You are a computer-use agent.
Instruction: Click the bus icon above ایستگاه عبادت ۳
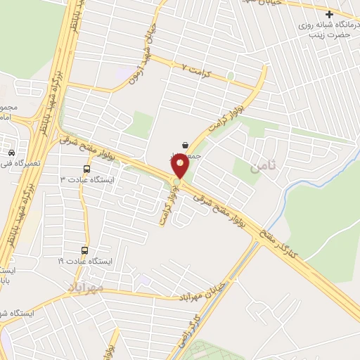pyautogui.click(x=86, y=169)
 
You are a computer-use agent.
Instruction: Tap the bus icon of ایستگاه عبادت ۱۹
pyautogui.click(x=85, y=250)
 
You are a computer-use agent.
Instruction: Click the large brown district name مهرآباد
pyautogui.click(x=86, y=288)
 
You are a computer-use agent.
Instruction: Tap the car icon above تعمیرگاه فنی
pyautogui.click(x=11, y=152)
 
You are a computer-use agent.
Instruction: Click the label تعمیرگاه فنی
pyautogui.click(x=15, y=163)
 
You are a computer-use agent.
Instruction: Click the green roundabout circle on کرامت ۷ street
pyautogui.click(x=230, y=75)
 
